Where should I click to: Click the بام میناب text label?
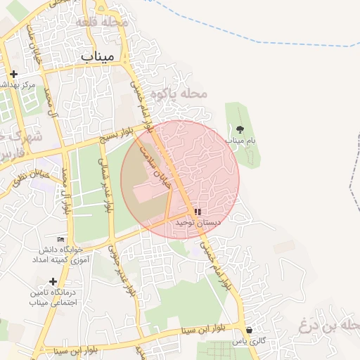240,141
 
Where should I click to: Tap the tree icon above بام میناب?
240,129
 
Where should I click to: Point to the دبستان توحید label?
198,222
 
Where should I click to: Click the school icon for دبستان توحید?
198,212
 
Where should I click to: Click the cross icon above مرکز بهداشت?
13,74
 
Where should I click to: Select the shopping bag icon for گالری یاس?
250,330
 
